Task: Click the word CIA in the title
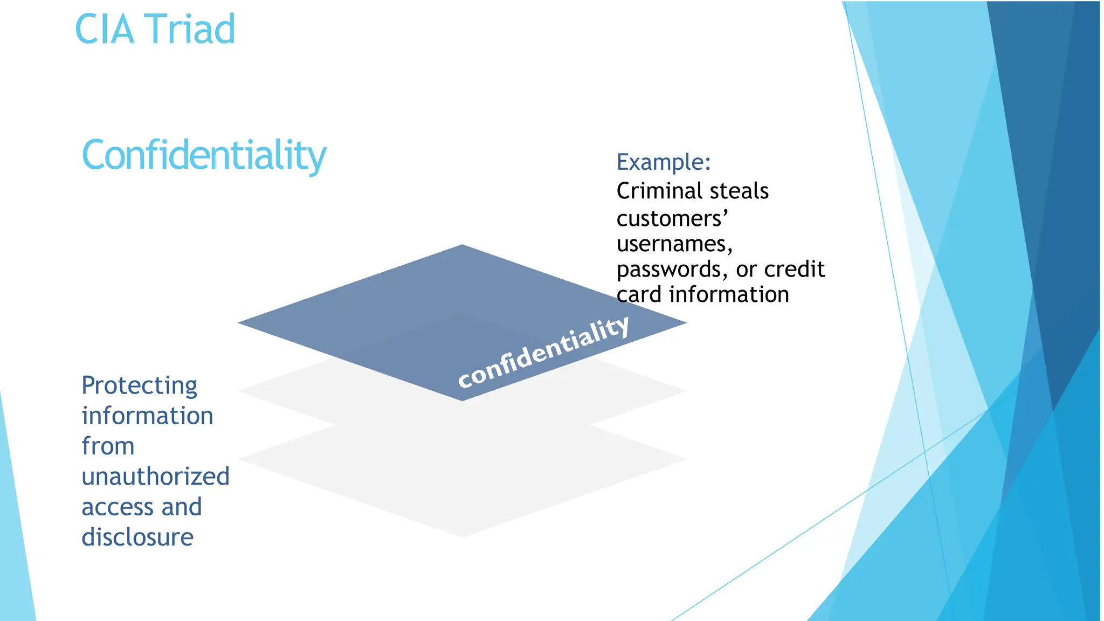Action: (104, 29)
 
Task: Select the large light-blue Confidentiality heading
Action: (204, 155)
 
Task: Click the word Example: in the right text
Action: (664, 162)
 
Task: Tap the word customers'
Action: (672, 218)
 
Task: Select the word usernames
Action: (674, 244)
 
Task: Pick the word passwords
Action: (673, 270)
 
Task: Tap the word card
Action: (639, 295)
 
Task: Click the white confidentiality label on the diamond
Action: (543, 351)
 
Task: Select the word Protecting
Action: (140, 386)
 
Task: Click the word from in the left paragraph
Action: (108, 446)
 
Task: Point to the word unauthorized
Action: (155, 477)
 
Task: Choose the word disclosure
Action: (137, 537)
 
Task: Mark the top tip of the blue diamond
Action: (462, 247)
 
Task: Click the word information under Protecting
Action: (147, 416)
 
